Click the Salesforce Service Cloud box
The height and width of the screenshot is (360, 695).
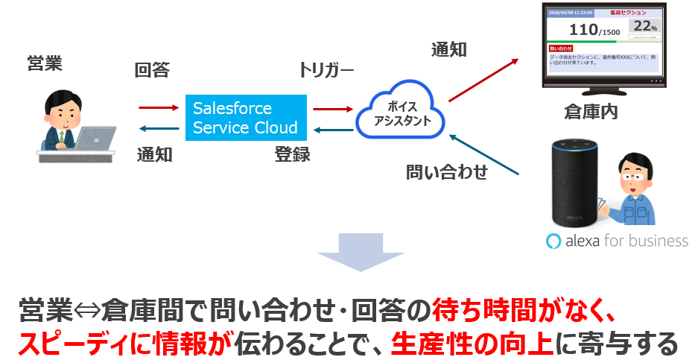pyautogui.click(x=246, y=118)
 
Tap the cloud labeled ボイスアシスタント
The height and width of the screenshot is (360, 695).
pyautogui.click(x=401, y=114)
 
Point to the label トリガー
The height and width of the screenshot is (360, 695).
pyautogui.click(x=326, y=71)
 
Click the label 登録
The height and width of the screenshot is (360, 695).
pyautogui.click(x=292, y=155)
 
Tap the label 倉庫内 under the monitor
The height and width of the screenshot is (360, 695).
pyautogui.click(x=591, y=113)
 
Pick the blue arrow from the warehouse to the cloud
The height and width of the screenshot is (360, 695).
pyautogui.click(x=484, y=156)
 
